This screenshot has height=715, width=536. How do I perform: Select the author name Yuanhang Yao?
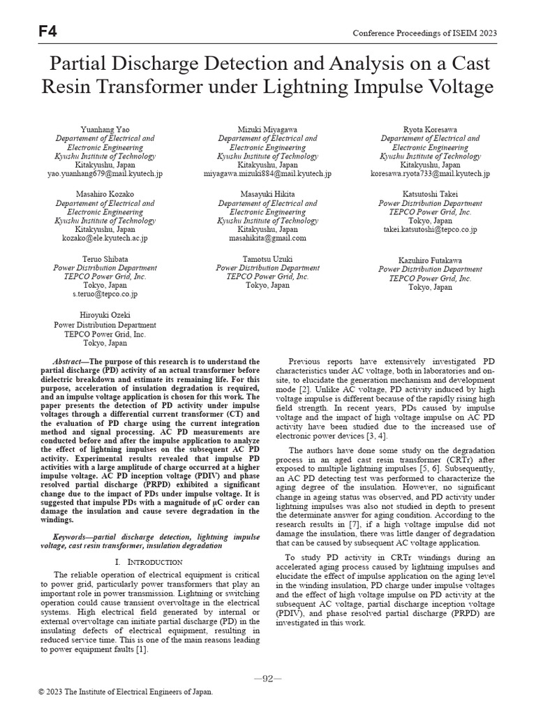105,130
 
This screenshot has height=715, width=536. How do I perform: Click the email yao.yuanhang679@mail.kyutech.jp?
105,173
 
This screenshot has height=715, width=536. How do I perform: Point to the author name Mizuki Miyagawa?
267,130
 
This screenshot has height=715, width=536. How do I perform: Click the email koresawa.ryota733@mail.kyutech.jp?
430,173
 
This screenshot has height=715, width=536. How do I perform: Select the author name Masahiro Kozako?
105,193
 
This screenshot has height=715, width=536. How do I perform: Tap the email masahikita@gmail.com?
267,238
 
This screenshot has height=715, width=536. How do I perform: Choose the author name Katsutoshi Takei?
430,193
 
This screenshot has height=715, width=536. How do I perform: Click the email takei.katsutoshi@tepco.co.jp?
430,229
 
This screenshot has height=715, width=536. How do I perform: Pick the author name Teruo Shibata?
105,259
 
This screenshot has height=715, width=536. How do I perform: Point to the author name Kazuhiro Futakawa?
430,260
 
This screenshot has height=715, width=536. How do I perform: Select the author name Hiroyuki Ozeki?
105,316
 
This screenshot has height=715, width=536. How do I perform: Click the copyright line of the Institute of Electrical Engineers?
126,692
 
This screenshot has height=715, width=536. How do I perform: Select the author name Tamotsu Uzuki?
267,259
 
